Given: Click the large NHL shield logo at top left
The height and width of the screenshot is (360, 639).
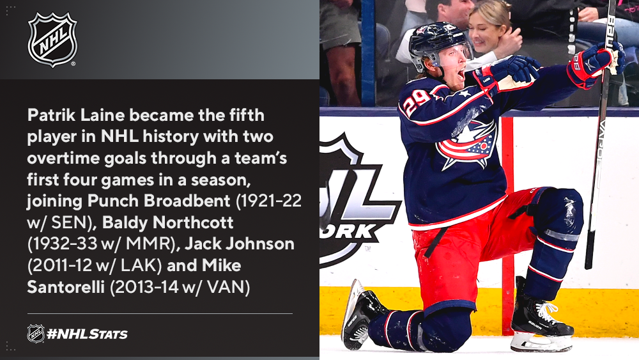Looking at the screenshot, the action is pos(52,40).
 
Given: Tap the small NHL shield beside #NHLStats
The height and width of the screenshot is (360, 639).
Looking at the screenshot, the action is pos(36,334).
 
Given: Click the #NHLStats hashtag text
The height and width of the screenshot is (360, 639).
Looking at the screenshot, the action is pos(87,334).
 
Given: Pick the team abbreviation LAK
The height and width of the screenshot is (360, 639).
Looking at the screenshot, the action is pos(138,265).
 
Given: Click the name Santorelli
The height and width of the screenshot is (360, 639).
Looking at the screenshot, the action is pos(66,287).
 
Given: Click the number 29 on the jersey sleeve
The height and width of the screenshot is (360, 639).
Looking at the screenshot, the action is pos(417,100).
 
